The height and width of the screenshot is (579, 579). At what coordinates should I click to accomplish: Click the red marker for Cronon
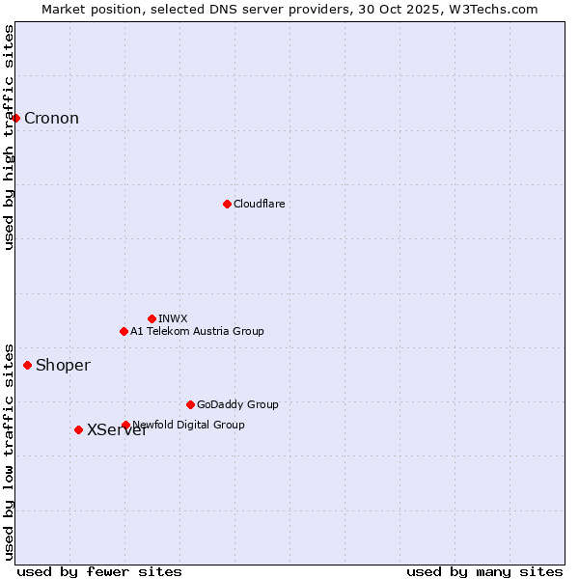coord(16,118)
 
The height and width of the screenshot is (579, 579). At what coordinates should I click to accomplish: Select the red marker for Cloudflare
coord(227,204)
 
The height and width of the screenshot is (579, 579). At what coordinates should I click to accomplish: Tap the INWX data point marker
coord(152,318)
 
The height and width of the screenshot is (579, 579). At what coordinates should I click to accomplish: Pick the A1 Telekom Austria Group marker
coord(124,331)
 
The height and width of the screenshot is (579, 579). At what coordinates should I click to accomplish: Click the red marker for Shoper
coord(27,365)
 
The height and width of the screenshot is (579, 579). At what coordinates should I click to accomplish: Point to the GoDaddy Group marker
coord(190,404)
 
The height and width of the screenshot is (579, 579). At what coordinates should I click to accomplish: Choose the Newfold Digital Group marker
coord(125,425)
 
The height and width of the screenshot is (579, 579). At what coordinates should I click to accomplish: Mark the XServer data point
coord(78,429)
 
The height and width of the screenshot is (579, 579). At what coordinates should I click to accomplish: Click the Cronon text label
coord(51,119)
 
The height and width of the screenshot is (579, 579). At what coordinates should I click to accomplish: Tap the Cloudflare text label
coord(259,204)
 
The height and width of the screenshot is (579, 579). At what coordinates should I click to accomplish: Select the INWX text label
coord(173,318)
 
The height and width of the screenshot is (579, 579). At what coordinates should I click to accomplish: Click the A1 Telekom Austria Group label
coord(197,331)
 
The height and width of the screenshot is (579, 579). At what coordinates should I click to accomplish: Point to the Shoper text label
coord(63,365)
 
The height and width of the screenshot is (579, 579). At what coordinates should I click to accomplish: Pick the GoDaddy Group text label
coord(237,404)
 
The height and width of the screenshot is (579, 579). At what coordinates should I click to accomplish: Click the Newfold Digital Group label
coord(189,425)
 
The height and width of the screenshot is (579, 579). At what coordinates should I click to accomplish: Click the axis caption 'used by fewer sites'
coord(99,571)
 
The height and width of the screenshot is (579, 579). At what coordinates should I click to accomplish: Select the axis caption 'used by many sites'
coord(484,571)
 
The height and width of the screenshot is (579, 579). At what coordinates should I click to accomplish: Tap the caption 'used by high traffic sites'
coord(9,137)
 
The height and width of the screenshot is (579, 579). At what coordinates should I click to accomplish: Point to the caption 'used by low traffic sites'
coord(9,451)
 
